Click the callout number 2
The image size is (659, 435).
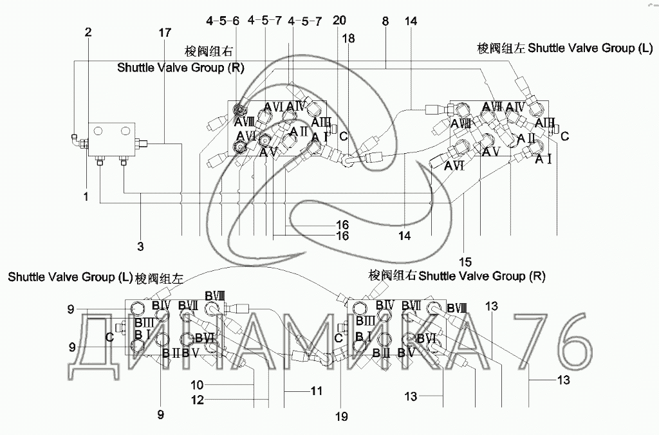pos(89,32)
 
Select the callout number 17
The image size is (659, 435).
pos(165,32)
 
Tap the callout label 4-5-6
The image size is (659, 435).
pos(223,21)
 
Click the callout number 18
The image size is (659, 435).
pos(348,39)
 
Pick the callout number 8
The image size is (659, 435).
pos(385,21)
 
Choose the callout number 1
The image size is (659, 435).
pos(86,197)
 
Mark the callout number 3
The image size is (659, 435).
pos(140,246)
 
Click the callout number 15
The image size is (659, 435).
pos(465,262)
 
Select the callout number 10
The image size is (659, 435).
pos(198,385)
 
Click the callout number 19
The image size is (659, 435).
pos(341,416)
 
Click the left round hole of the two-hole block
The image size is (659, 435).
pos(98,131)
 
